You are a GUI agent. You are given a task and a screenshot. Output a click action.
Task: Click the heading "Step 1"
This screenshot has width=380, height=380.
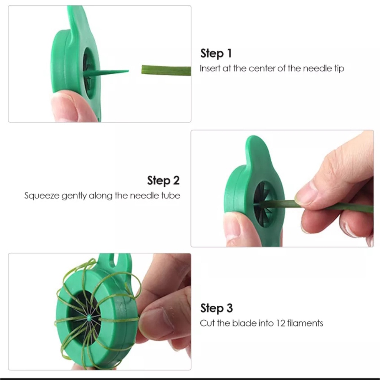pos(216,53)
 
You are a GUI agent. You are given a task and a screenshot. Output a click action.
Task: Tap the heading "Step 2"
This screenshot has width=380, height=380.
pos(163,181)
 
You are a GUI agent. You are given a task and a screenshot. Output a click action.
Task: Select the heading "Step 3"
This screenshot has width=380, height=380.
pos(216,308)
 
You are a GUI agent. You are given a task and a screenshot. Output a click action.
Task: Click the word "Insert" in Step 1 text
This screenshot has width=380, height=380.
pos(210,69)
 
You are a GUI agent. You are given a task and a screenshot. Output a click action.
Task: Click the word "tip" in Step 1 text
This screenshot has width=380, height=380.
pos(339,69)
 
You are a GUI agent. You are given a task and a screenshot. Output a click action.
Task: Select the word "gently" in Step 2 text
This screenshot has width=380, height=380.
pos(74,196)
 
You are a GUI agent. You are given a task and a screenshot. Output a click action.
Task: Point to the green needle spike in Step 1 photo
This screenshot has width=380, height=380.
pos(107,73)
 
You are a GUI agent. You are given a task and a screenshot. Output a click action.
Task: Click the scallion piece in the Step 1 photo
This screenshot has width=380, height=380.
pos(166,71)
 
